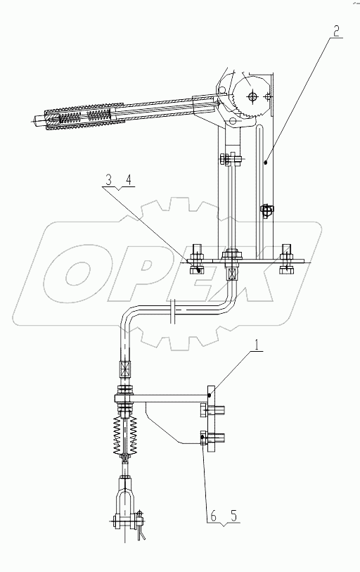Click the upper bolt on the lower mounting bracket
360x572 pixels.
click(214, 412)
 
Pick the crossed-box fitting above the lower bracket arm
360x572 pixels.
click(125, 368)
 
